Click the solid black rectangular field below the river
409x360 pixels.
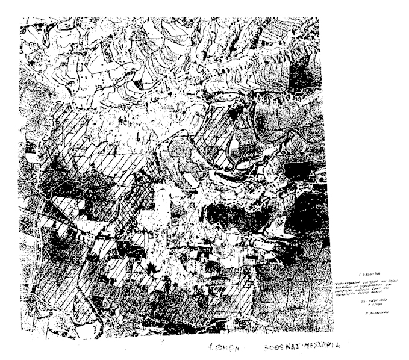tap(295, 170)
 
